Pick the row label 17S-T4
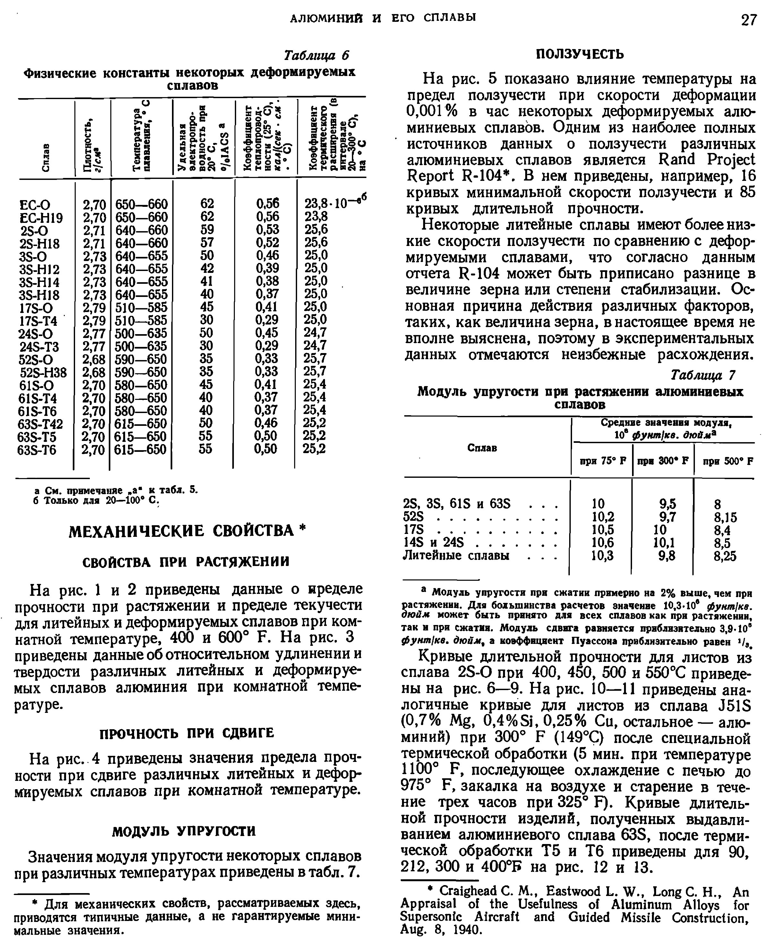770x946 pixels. [x=38, y=320]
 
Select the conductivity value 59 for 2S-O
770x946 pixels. [x=207, y=230]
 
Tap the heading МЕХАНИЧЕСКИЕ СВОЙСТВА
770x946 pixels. [x=182, y=531]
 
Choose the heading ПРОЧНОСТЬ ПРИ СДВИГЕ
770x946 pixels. [x=187, y=733]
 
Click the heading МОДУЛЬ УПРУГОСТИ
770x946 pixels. [x=184, y=831]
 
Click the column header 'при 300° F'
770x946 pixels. [x=663, y=461]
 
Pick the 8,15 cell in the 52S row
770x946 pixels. [x=725, y=517]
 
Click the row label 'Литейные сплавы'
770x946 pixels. [x=456, y=555]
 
